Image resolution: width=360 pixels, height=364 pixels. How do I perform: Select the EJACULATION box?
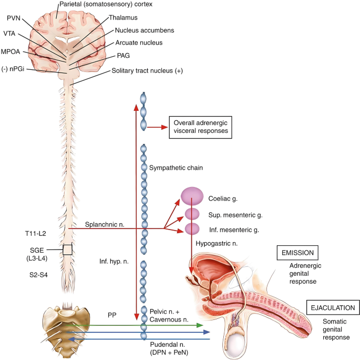point(334,308)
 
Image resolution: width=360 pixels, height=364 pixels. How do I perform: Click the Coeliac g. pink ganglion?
point(192,197)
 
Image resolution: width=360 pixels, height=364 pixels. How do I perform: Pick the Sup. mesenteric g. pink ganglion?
point(192,214)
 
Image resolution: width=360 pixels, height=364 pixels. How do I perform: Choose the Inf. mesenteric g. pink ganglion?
point(192,229)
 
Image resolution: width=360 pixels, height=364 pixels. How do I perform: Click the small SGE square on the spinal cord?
point(67,249)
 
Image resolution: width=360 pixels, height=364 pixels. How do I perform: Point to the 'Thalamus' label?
point(122,17)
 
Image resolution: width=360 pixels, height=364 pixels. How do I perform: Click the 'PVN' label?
point(14,17)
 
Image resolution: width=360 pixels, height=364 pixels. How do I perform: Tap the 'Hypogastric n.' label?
point(217,244)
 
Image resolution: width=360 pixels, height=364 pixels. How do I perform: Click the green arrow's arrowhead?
point(200,326)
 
